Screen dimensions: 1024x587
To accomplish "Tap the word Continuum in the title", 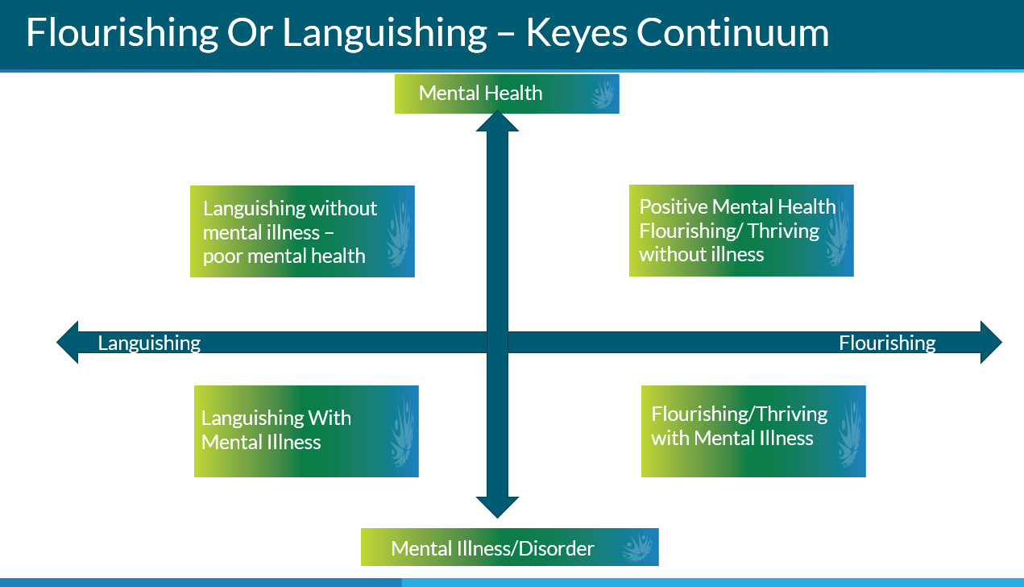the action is pyautogui.click(x=733, y=32).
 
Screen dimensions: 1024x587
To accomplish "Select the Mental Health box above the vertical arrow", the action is pyautogui.click(x=507, y=94).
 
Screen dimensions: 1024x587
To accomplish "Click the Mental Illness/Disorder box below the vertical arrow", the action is pyautogui.click(x=510, y=547).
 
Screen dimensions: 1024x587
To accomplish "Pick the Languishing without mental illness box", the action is pyautogui.click(x=302, y=231).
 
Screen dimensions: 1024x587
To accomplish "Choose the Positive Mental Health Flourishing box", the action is pyautogui.click(x=741, y=231).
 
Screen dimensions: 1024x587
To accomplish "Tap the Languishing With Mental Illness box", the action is pyautogui.click(x=306, y=431).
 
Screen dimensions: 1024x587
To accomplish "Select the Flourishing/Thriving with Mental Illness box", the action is pyautogui.click(x=753, y=431).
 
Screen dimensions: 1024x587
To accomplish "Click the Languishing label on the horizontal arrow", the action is pyautogui.click(x=149, y=343).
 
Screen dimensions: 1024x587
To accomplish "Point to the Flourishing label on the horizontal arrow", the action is pyautogui.click(x=887, y=343).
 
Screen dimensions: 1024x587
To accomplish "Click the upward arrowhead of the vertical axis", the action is pyautogui.click(x=497, y=121).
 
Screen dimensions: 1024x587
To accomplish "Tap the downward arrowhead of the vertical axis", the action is pyautogui.click(x=497, y=507).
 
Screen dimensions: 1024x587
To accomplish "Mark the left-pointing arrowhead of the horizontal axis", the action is pyautogui.click(x=67, y=342).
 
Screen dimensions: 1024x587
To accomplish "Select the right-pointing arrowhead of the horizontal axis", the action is pyautogui.click(x=992, y=342).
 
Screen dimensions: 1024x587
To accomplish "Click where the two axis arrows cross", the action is pyautogui.click(x=497, y=342).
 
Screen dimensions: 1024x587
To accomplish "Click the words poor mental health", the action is pyautogui.click(x=284, y=256).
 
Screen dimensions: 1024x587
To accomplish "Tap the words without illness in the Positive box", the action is pyautogui.click(x=701, y=254).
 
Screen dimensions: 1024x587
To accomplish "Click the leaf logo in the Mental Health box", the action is pyautogui.click(x=603, y=94).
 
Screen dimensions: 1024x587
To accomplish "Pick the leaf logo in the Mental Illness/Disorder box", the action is pyautogui.click(x=638, y=547).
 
